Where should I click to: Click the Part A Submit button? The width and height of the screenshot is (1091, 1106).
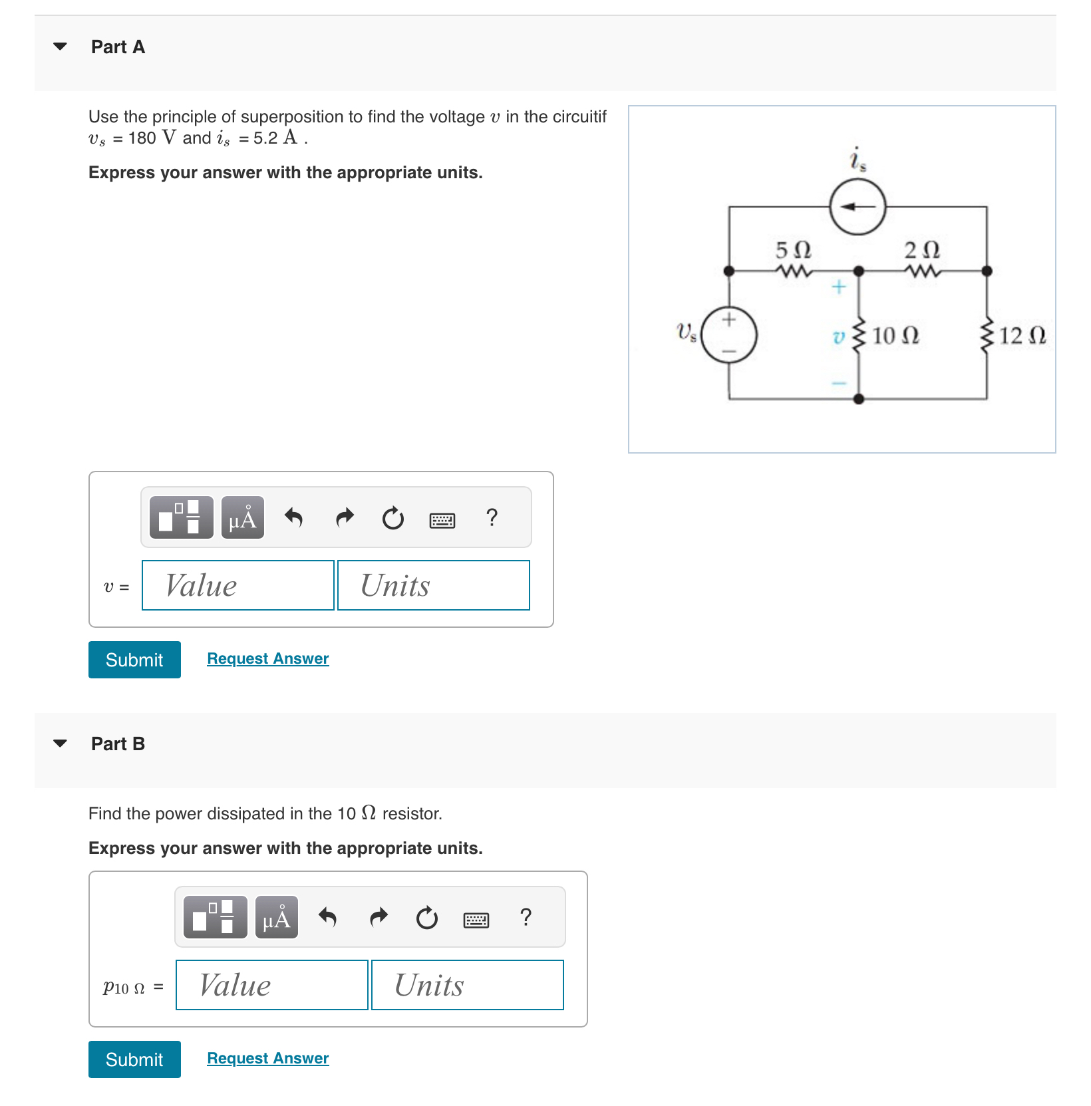coord(134,660)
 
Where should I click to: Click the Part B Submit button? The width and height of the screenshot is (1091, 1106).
coord(134,1059)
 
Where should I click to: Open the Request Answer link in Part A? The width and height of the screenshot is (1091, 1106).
coord(267,658)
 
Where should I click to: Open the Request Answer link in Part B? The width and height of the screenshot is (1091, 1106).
coord(267,1058)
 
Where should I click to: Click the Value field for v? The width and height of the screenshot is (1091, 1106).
coord(237,585)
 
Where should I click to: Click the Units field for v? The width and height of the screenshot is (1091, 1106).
coord(433,585)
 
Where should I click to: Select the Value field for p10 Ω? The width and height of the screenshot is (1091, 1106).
coord(271,985)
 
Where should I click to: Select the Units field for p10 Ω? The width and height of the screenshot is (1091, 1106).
coord(467,985)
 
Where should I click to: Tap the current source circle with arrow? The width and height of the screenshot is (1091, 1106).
coord(857,207)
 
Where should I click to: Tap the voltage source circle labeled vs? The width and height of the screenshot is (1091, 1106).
coord(729,335)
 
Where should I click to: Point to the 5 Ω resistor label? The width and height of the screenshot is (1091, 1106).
coord(793,250)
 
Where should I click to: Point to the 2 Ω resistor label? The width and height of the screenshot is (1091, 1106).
coord(921,250)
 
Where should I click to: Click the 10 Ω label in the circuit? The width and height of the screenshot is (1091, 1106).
coord(895,335)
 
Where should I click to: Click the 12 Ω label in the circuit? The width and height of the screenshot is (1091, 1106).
coord(1022,335)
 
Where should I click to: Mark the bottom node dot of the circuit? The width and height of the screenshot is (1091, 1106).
coord(858,399)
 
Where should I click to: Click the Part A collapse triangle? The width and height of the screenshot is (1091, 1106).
coord(60,47)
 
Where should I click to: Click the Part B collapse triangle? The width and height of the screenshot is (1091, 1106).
coord(60,744)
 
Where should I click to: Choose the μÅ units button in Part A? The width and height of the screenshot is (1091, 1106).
coord(242,517)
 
